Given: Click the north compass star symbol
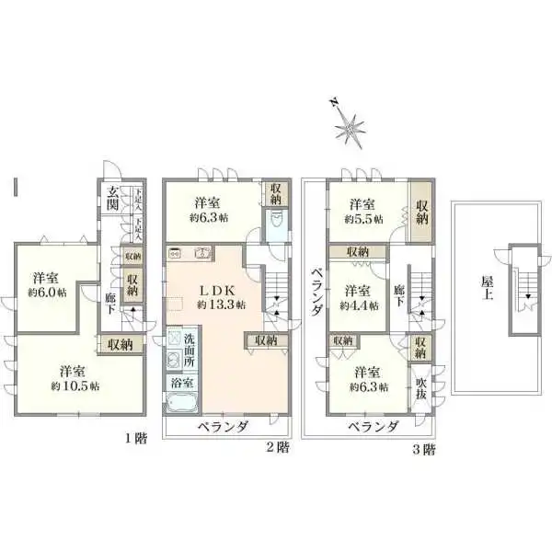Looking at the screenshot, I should click(348, 127).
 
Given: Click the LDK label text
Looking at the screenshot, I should click(222, 288).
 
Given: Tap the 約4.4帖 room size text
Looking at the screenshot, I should click(358, 305).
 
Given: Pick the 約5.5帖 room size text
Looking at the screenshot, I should click(362, 220).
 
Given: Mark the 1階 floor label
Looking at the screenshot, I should click(135, 439).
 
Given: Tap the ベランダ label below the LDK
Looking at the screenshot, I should click(221, 427).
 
